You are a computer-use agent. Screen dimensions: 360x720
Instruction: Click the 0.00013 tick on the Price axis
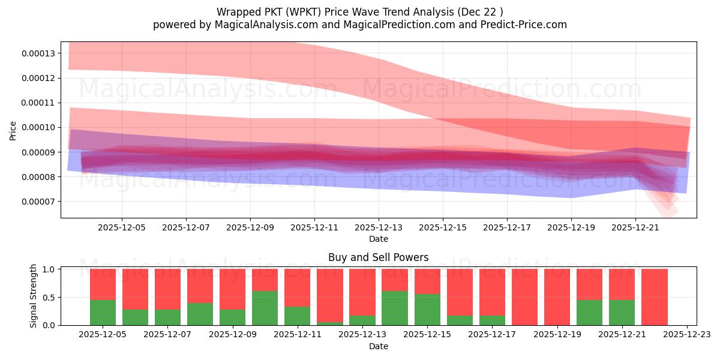(x=38, y=53)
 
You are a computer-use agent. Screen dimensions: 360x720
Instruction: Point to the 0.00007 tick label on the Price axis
(x=38, y=202)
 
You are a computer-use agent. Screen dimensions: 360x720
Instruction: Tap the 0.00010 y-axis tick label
(x=38, y=127)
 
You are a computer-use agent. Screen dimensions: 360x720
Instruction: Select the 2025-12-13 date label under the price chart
(x=379, y=228)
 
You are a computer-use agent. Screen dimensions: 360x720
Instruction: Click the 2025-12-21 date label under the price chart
(x=635, y=228)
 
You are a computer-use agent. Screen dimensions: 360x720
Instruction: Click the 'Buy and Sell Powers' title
(x=378, y=257)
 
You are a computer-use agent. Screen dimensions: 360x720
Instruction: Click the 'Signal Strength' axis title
(x=34, y=296)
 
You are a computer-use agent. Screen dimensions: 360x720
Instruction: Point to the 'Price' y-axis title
(x=13, y=130)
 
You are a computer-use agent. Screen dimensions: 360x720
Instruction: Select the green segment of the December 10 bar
(x=265, y=308)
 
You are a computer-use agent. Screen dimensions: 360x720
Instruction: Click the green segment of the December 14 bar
(x=394, y=308)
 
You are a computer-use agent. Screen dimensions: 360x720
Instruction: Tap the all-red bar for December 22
(x=654, y=297)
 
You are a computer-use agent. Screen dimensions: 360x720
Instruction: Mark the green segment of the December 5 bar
(x=103, y=313)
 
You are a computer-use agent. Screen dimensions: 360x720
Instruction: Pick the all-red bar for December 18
(x=524, y=297)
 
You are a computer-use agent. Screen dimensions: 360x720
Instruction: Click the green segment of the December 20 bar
(x=589, y=313)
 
